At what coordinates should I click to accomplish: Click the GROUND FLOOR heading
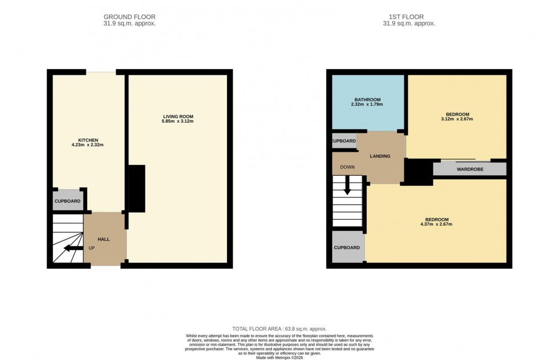129,17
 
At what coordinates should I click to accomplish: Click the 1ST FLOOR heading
408,17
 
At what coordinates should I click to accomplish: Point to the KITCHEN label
88,140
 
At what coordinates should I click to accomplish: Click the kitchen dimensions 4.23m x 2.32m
88,145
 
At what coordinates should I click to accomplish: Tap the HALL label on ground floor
103,239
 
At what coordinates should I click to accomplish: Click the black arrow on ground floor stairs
73,248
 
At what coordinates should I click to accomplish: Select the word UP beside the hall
91,248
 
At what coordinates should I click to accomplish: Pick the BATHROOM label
367,99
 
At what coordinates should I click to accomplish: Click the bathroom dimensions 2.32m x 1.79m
367,104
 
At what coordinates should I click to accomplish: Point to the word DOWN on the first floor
347,168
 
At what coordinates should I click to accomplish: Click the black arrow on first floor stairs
347,188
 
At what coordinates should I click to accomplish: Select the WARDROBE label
470,169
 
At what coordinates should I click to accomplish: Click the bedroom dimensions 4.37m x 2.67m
436,225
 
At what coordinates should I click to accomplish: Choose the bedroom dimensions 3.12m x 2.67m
456,119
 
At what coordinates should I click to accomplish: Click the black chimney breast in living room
136,189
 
